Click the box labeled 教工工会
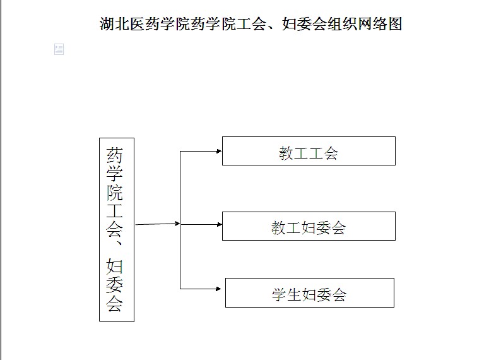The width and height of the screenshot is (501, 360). pyautogui.click(x=309, y=151)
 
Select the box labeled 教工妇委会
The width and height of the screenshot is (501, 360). pyautogui.click(x=309, y=226)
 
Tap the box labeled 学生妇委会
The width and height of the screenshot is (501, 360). pyautogui.click(x=310, y=293)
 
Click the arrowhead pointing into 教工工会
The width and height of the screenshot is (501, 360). pyautogui.click(x=219, y=151)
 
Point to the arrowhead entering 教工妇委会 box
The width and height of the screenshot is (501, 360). pyautogui.click(x=219, y=224)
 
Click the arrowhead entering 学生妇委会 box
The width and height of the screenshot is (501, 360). pyautogui.click(x=218, y=289)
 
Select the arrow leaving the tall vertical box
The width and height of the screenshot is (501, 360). pyautogui.click(x=158, y=224)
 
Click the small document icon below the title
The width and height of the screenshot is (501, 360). pyautogui.click(x=59, y=49)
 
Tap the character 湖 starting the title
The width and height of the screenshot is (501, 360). pyautogui.click(x=107, y=24)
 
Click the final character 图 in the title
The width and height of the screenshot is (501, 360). pyautogui.click(x=395, y=24)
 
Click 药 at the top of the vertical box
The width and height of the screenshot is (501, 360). pyautogui.click(x=115, y=155)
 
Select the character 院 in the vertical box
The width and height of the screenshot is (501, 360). pyautogui.click(x=115, y=192)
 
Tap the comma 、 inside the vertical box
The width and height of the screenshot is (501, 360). pyautogui.click(x=118, y=243)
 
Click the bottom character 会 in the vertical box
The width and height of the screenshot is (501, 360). pyautogui.click(x=115, y=303)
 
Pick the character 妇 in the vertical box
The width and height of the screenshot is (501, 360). pyautogui.click(x=115, y=266)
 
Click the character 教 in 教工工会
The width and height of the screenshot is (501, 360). pyautogui.click(x=286, y=153)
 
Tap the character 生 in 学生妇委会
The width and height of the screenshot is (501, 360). pyautogui.click(x=294, y=294)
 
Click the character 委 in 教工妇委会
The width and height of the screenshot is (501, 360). pyautogui.click(x=324, y=227)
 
